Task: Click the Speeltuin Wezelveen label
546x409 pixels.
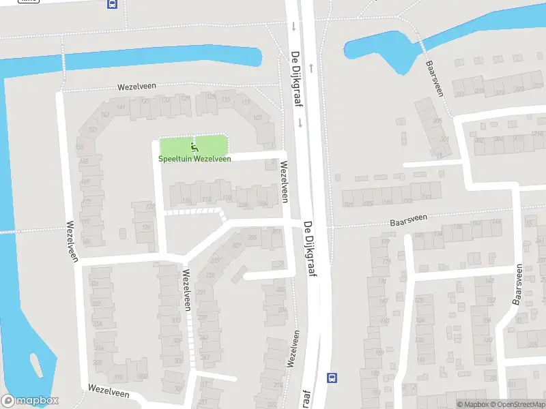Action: coord(195,159)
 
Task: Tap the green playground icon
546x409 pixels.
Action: coord(195,146)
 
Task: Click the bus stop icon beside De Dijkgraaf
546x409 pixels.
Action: coord(332,378)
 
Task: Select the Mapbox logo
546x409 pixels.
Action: coord(29,401)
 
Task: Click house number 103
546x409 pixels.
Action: coord(257,118)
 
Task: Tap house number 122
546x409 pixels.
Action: coord(151,206)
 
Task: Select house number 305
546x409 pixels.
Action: coord(445,140)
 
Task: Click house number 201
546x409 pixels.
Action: coord(276,232)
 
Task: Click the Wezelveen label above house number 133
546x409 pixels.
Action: coord(136,87)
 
